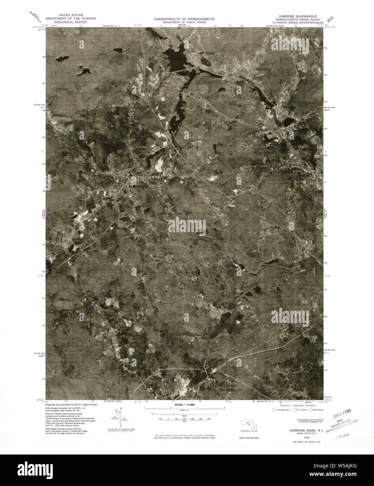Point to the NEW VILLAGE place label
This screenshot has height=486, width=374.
click(x=207, y=53)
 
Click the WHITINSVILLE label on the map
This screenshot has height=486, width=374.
click(x=264, y=70)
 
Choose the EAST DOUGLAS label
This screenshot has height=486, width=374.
click(x=139, y=186)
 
